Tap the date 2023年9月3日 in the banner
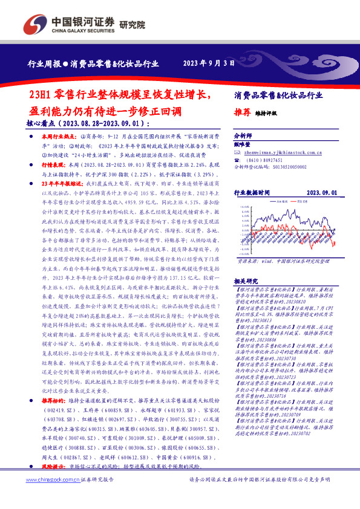tap(208, 62)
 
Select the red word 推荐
tap(242, 112)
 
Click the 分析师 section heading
tap(242, 137)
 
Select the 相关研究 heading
tap(246, 282)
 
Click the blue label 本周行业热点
tap(56, 138)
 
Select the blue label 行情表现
tap(53, 164)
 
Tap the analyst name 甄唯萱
tap(242, 145)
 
